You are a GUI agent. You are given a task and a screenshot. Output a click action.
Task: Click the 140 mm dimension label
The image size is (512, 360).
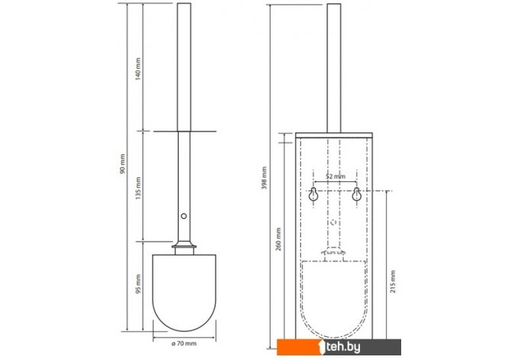tap(138, 69)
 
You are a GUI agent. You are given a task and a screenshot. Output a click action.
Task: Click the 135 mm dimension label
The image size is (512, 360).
tap(138, 189)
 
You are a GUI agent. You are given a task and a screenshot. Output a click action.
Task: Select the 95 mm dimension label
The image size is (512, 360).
tap(138, 284)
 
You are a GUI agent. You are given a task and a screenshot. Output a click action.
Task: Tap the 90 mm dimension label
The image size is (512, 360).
tap(122, 164)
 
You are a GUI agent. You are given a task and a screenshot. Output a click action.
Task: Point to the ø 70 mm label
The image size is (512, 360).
tap(184, 343)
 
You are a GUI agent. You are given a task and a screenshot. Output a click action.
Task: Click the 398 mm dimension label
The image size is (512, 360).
tap(264, 178)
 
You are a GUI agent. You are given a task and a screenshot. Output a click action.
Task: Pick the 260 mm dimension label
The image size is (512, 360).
tap(278, 239)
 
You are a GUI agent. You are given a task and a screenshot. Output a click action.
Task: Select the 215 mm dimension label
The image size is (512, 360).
tap(393, 281)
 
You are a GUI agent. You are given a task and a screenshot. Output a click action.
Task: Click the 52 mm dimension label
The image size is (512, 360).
tap(335, 177)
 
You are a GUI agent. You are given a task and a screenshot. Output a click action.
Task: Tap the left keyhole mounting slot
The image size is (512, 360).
tap(313, 194)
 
